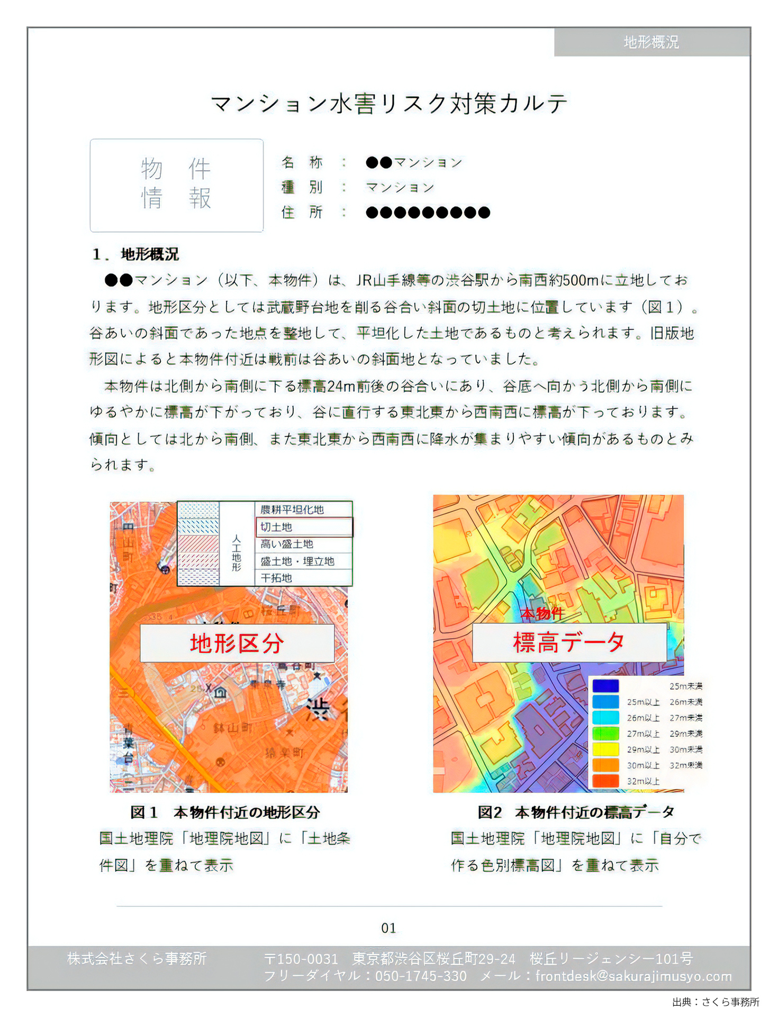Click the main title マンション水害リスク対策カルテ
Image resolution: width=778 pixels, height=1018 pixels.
click(x=389, y=104)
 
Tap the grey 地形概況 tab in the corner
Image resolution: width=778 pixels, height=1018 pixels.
click(x=651, y=42)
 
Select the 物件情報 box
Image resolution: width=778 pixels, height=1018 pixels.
click(x=176, y=185)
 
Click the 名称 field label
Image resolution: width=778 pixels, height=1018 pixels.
click(x=302, y=162)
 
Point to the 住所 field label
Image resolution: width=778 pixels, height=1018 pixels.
click(x=302, y=213)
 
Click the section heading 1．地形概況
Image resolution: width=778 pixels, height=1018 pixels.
click(x=136, y=254)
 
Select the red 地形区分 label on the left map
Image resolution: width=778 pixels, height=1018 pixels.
click(x=237, y=644)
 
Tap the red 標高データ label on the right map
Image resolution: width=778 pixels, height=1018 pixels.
click(x=569, y=643)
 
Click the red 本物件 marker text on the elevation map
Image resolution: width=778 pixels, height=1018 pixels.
click(x=542, y=613)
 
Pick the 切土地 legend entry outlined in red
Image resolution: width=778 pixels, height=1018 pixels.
click(x=303, y=527)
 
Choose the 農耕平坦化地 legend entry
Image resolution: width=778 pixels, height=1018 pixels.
click(x=292, y=509)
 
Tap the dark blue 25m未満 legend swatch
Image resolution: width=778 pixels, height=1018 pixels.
click(x=605, y=686)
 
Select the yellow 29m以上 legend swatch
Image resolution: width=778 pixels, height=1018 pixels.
click(x=605, y=749)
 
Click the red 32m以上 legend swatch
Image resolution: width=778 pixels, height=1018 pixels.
click(x=605, y=781)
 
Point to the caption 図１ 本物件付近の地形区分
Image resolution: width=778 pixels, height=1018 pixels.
click(x=225, y=812)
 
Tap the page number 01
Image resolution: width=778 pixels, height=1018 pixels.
click(x=388, y=928)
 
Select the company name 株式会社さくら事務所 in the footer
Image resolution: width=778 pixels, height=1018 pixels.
click(x=137, y=959)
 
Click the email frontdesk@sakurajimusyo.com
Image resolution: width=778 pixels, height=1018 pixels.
click(x=633, y=976)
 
